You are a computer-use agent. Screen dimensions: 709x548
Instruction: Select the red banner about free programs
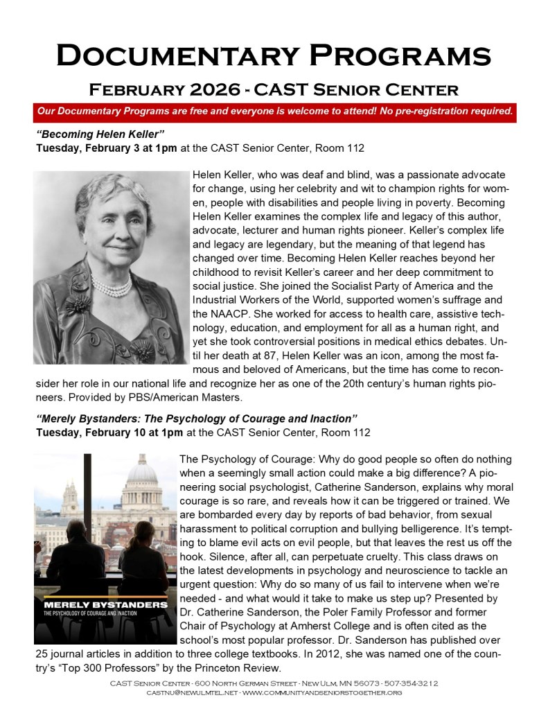pyautogui.click(x=274, y=111)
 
